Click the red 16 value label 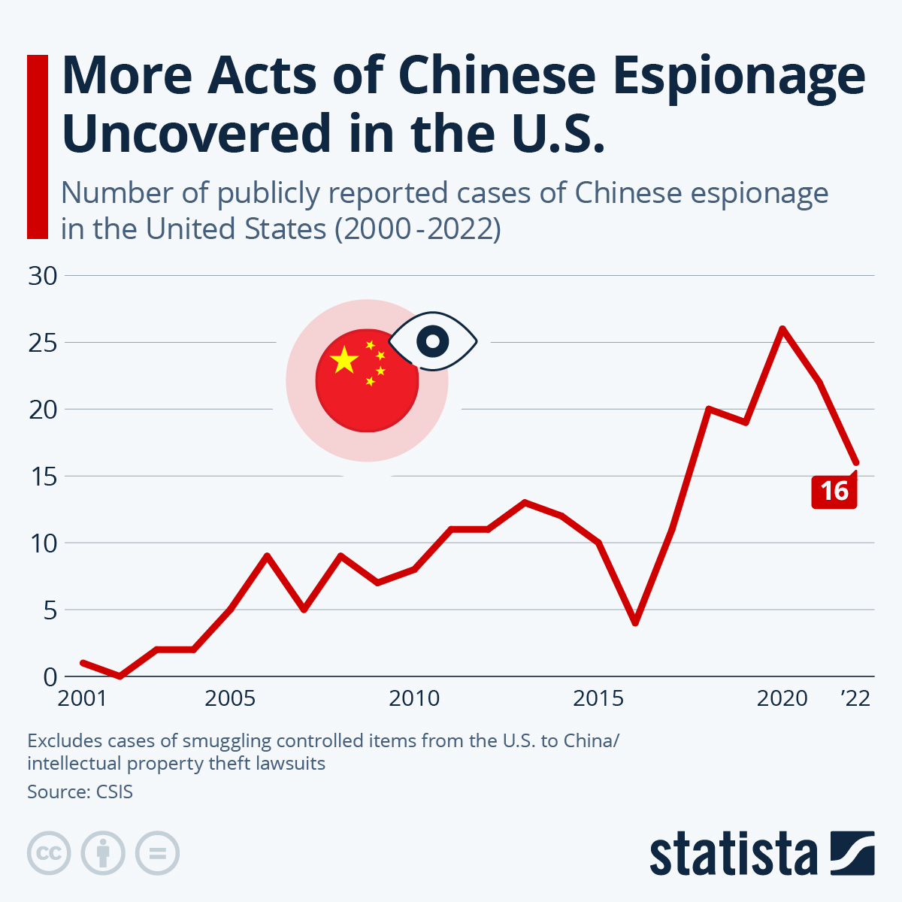point(834,492)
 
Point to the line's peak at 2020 point(782,329)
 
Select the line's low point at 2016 point(635,622)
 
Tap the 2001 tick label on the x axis point(83,698)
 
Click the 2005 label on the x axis point(230,698)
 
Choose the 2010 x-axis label point(414,698)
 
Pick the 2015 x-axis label point(598,698)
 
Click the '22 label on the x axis point(855,698)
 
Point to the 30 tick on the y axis point(43,276)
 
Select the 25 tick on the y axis point(43,343)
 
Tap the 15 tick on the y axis point(43,477)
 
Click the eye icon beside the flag point(433,342)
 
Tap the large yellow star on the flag point(344,360)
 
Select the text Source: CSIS point(80,792)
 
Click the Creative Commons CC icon point(49,853)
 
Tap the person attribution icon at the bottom point(103,853)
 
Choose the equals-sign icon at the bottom point(157,853)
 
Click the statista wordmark point(733,854)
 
